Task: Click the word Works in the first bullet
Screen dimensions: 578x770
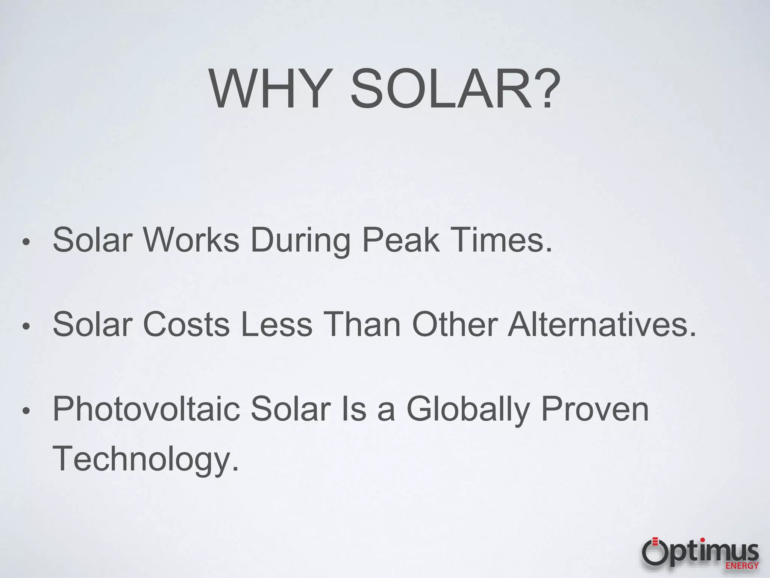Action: (191, 240)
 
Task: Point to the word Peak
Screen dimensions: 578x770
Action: (400, 240)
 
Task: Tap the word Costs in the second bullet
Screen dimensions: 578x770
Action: (186, 324)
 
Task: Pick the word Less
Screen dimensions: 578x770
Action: (276, 324)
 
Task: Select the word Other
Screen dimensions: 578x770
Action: (455, 324)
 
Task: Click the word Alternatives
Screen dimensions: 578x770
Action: (602, 324)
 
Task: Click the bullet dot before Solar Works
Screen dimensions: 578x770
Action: (26, 242)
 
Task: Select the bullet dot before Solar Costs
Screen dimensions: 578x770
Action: (26, 326)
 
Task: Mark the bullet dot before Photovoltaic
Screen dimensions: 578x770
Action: (26, 411)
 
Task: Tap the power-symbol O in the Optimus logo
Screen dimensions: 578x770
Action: (655, 552)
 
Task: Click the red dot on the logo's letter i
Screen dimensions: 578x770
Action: (702, 540)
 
